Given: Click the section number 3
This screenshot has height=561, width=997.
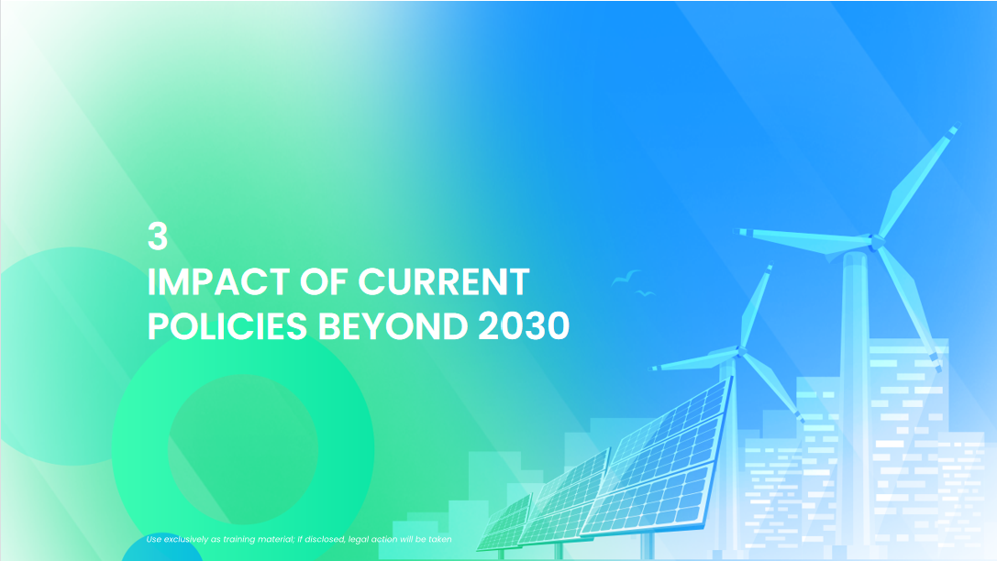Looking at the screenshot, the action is click(157, 236).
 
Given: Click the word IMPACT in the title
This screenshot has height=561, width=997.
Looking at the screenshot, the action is click(218, 281).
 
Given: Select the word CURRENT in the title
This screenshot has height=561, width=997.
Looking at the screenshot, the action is click(444, 281).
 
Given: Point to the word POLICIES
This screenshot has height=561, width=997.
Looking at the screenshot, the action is click(227, 326).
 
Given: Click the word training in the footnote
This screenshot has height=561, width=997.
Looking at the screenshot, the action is click(238, 539).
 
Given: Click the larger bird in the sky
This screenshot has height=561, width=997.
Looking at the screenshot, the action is click(626, 278).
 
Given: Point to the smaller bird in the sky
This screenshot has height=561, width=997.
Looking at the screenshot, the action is click(646, 293).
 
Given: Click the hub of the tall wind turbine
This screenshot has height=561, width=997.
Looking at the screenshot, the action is click(877, 241).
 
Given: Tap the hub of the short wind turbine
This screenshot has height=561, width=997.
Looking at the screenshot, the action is click(740, 351).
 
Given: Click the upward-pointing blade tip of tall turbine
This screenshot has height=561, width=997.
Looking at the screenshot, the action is click(954, 129).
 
